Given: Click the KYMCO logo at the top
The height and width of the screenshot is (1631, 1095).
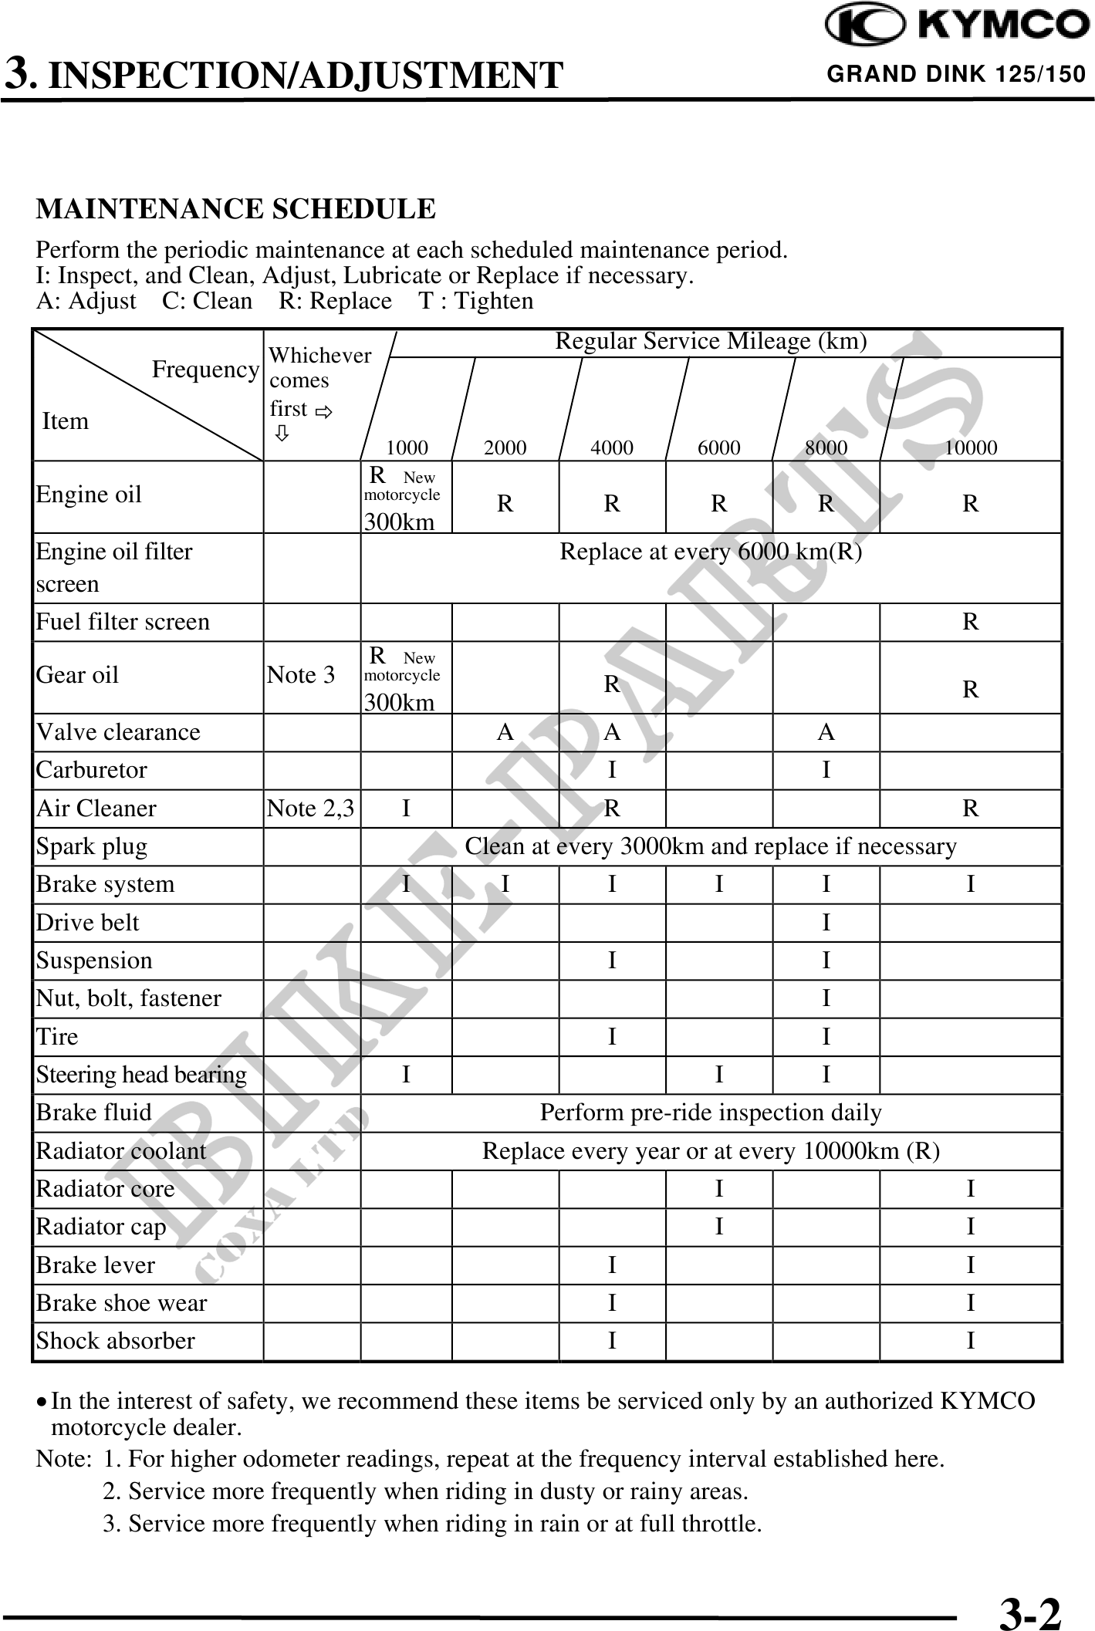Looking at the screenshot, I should coord(957,26).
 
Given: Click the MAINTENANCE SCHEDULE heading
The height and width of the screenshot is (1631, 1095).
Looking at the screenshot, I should coord(236,209).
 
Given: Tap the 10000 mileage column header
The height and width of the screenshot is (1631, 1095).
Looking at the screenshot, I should coord(971,447).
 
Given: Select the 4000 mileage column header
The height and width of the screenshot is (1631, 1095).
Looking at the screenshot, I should coord(612,447).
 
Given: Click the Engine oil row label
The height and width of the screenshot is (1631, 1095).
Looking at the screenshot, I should coord(89,495).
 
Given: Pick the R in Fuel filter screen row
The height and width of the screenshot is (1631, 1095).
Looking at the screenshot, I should coord(971,622).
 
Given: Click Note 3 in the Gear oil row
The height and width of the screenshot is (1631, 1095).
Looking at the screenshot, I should coord(301,675).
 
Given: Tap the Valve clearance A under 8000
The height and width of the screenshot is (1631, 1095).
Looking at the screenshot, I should coord(826,732).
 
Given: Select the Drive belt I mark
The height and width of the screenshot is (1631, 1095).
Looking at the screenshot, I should coord(826,923).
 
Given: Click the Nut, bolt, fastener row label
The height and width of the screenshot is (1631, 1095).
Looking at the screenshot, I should coord(129,998).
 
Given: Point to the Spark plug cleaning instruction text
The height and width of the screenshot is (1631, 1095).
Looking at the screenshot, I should coord(710,846).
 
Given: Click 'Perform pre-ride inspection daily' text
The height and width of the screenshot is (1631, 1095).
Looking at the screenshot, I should coord(710,1113).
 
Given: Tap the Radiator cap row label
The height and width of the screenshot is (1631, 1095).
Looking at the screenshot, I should coord(101,1227).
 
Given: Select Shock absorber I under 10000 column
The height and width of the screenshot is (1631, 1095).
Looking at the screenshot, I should coord(971,1341).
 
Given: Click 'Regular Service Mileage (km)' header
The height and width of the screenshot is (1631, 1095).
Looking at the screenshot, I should coord(711,341).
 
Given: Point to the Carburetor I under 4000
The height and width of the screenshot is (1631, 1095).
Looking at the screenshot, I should coord(612,770).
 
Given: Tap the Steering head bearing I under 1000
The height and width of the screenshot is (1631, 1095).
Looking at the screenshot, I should coord(406,1075).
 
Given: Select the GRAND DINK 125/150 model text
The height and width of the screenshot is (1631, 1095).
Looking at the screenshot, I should coord(956,74).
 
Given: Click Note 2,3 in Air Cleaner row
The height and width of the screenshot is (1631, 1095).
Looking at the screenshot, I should coord(310,809).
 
